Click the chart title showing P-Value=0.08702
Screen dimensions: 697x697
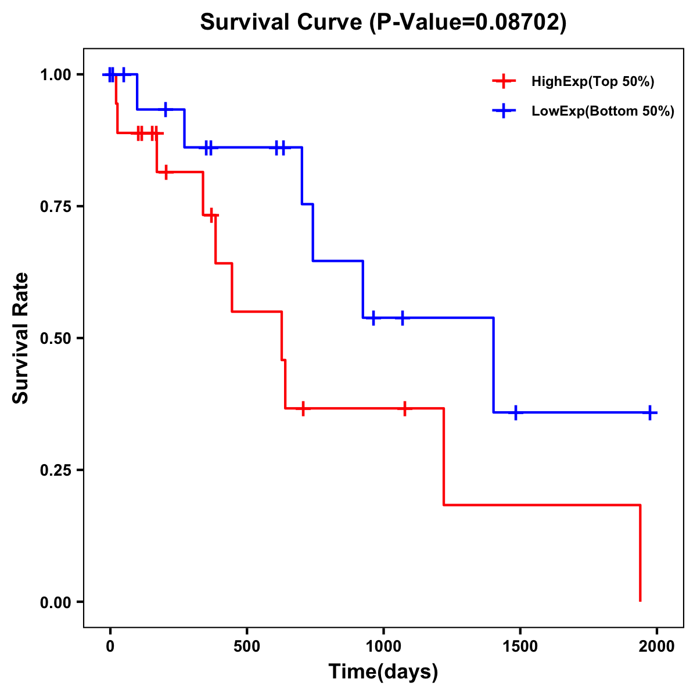click(x=383, y=22)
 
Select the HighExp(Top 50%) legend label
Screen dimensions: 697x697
click(x=593, y=82)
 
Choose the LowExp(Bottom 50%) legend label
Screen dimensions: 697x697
click(x=603, y=112)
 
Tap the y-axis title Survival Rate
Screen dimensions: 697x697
click(x=21, y=337)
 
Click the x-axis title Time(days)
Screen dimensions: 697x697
click(x=383, y=672)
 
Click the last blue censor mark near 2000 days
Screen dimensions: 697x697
click(x=650, y=412)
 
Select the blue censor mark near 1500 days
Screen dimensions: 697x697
click(x=515, y=412)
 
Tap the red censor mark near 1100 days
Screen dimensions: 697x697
click(x=404, y=408)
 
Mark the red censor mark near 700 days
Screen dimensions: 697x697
click(x=303, y=408)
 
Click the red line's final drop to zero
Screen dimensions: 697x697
click(x=640, y=555)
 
